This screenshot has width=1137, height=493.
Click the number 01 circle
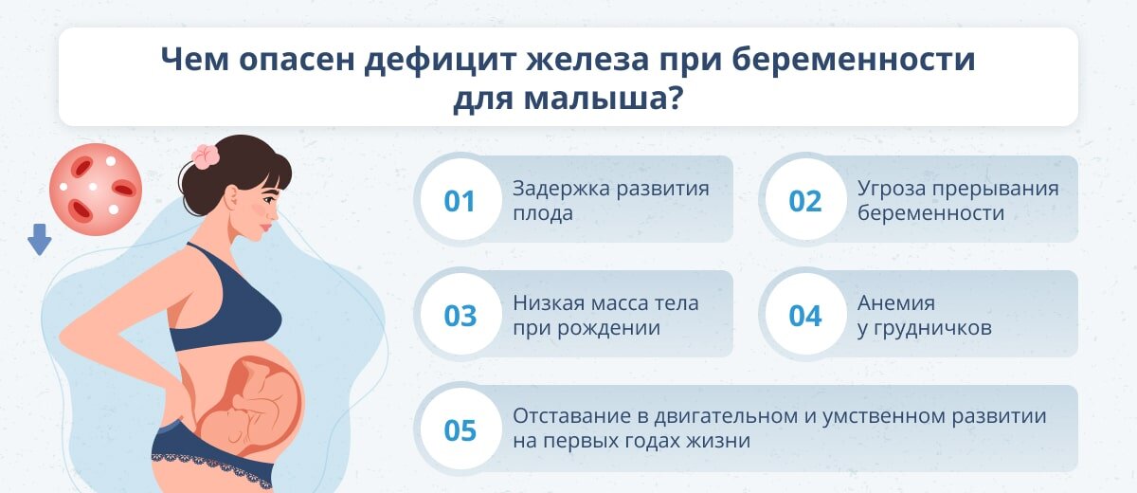pyautogui.click(x=460, y=201)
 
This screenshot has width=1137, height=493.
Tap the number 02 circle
pyautogui.click(x=805, y=201)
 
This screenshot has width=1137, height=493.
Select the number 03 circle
pyautogui.click(x=460, y=316)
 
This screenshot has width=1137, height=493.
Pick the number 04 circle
pyautogui.click(x=805, y=316)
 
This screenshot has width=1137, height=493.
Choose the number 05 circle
pyautogui.click(x=460, y=430)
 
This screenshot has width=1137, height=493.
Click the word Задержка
pyautogui.click(x=556, y=188)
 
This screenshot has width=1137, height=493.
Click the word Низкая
pyautogui.click(x=546, y=303)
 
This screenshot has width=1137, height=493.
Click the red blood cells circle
pyautogui.click(x=95, y=190)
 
